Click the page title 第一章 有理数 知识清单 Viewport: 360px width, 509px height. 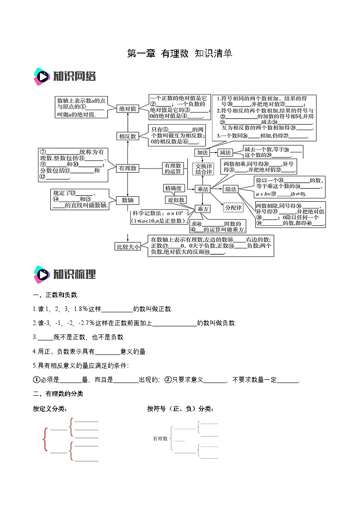180,53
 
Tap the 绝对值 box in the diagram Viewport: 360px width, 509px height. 127,109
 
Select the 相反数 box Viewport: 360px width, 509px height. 127,136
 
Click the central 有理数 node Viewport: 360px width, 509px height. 127,168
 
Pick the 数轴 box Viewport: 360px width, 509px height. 127,200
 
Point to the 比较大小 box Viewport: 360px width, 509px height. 127,247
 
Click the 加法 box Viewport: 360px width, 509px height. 202,153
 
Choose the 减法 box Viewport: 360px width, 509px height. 225,153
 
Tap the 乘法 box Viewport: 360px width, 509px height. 202,189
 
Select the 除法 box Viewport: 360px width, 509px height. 231,189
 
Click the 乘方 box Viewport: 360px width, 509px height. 202,209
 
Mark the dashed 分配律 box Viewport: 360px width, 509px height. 234,208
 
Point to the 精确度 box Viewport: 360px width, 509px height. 173,188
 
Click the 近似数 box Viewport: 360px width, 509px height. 176,200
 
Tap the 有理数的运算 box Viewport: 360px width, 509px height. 173,168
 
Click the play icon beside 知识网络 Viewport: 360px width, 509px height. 42,76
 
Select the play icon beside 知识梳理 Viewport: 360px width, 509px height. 42,274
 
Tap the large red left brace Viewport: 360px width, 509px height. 45,439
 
